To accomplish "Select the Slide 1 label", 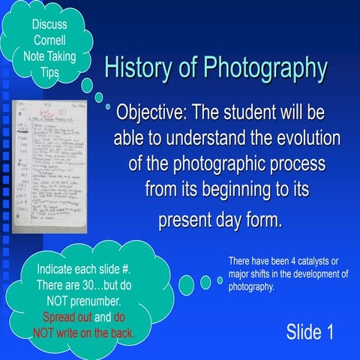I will pos(310,331).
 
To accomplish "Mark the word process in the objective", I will pos(274,163).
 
